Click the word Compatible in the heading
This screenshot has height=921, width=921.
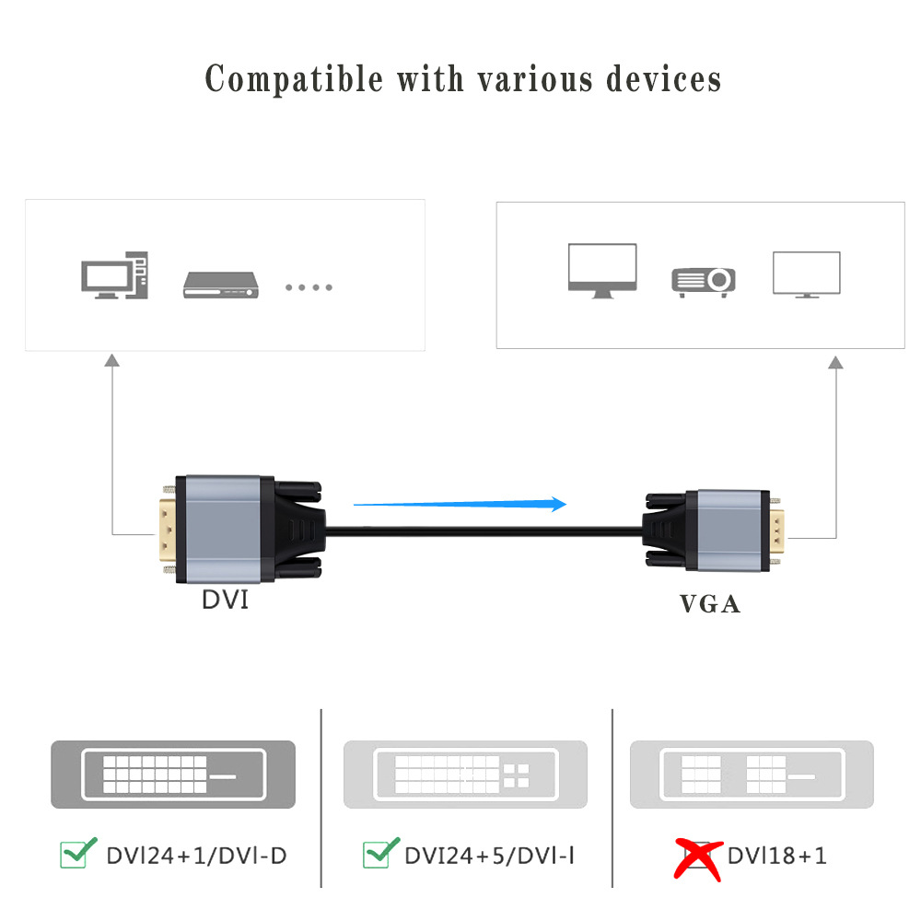pos(294,79)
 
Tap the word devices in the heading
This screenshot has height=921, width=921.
pos(663,79)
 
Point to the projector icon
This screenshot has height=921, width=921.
pos(703,282)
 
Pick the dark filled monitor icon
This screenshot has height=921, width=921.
pos(602,270)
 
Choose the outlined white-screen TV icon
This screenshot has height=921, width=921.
pos(806,274)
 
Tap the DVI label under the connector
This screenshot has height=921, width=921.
pos(226,601)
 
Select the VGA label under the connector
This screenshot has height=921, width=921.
pos(710,604)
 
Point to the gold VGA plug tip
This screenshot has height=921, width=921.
pos(776,532)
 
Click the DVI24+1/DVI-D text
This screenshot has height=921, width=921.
pos(196,856)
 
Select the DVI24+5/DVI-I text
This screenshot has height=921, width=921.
pos(490,856)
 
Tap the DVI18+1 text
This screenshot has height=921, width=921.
pos(776,856)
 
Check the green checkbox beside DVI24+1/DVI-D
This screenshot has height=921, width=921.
pos(77,853)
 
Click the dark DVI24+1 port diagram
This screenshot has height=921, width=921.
pos(173,774)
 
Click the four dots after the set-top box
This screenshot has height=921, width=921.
pos(309,287)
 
